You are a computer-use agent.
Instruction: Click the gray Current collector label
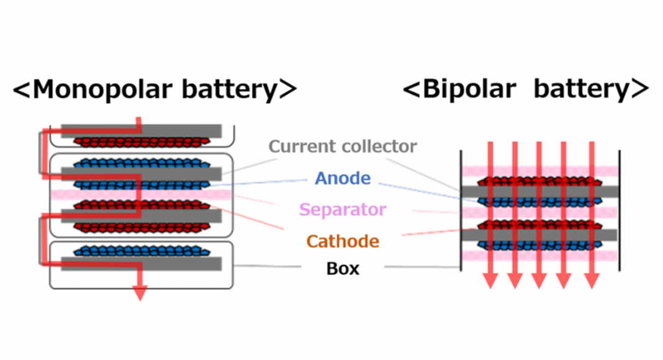coord(343,146)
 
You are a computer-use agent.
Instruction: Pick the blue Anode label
coord(343,179)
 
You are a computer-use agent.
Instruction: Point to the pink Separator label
coord(343,209)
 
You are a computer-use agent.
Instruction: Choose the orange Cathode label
coord(343,240)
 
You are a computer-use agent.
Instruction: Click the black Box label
coord(343,269)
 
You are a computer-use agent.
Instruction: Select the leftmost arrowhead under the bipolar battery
coord(490,281)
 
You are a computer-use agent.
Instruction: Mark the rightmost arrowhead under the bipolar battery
coord(592,281)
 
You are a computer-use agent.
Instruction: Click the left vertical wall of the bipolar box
coord(461,211)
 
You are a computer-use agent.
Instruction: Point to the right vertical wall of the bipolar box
coord(620,211)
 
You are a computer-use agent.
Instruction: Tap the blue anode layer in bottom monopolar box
coord(142,251)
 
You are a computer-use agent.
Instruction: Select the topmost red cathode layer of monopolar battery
coord(142,142)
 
